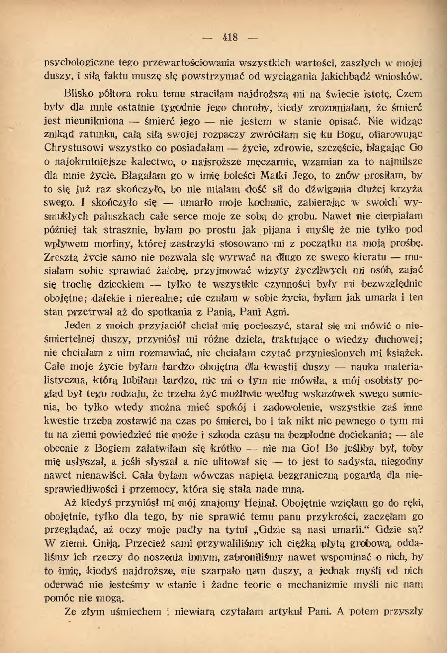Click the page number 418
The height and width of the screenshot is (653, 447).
pos(231,38)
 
